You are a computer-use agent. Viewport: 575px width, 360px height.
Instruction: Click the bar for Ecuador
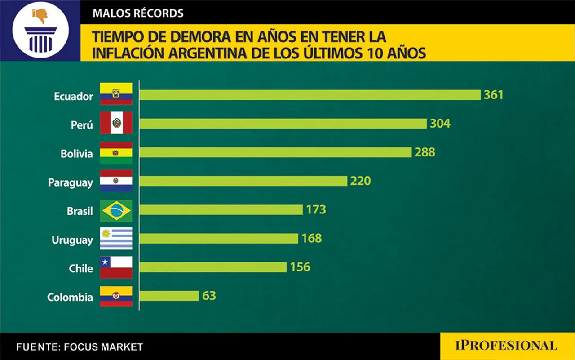point(310,95)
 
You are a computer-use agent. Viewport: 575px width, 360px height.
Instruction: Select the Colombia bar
point(169,296)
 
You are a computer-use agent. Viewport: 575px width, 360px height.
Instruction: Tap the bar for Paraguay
point(243,181)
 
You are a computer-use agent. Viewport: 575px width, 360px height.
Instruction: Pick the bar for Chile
point(213,267)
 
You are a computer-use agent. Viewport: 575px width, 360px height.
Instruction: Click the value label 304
point(440,124)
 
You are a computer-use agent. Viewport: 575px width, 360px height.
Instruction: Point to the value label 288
point(425,152)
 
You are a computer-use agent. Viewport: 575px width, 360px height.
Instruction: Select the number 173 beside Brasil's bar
point(316,209)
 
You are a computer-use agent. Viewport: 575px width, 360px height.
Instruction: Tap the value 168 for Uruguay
point(312,238)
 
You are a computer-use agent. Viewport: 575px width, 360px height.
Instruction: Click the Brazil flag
point(116,211)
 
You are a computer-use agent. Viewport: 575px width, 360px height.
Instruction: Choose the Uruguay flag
point(116,238)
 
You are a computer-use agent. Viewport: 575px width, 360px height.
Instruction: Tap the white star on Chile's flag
point(105,262)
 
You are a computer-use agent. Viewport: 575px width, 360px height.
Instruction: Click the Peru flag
point(116,123)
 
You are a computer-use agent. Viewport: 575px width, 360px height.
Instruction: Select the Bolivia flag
point(116,153)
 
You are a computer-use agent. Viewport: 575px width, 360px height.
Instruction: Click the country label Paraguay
point(71,183)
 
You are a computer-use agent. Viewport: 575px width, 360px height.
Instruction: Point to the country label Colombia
point(70,298)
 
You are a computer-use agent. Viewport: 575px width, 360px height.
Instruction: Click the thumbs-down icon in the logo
point(40,16)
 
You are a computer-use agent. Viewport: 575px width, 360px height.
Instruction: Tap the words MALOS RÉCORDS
point(138,13)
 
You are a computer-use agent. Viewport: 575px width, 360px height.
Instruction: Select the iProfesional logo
point(506,346)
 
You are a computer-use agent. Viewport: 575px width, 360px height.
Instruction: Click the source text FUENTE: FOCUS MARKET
point(80,347)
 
